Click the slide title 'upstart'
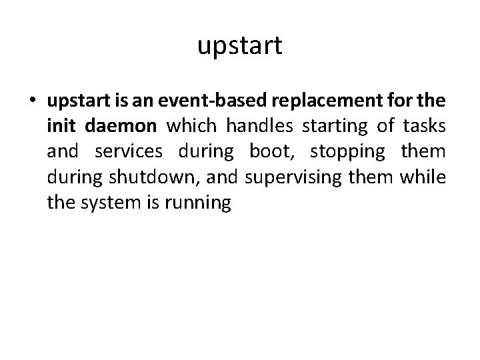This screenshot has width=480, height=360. [x=240, y=47]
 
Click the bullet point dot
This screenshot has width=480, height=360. [x=33, y=103]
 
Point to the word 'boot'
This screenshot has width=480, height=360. [x=270, y=151]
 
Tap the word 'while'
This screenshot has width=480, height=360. [x=426, y=176]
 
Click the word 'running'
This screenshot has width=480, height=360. [x=198, y=201]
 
